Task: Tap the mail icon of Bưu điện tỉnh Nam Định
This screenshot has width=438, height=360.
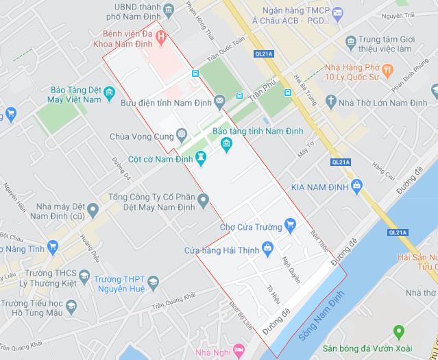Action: pyautogui.click(x=219, y=101)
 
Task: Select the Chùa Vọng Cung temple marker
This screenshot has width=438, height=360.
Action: pyautogui.click(x=182, y=134)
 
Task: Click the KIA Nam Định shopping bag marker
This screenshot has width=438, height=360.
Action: pyautogui.click(x=356, y=185)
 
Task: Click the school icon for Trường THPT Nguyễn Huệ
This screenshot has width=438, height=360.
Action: pyautogui.click(x=154, y=282)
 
